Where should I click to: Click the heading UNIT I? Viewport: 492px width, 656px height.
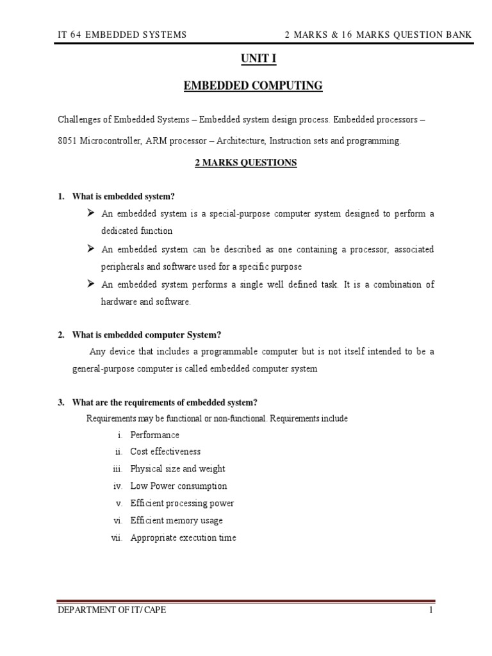pos(245,60)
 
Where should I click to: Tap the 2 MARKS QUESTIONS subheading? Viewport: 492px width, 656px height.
pos(245,163)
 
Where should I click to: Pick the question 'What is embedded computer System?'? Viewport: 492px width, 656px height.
pos(147,335)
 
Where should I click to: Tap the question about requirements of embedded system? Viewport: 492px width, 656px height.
pos(165,402)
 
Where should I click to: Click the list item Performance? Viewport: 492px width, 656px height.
pos(154,435)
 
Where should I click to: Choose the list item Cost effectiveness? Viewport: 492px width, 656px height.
pos(165,452)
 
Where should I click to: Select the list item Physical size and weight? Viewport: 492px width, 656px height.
pos(177,469)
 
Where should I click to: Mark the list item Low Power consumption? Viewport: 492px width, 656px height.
pos(178,486)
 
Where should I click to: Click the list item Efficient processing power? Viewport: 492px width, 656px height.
pos(182,504)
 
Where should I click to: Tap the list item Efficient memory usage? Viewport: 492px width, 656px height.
pos(176,521)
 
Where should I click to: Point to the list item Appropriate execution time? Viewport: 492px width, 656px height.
pos(183,538)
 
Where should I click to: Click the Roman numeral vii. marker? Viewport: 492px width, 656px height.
pos(117,538)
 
